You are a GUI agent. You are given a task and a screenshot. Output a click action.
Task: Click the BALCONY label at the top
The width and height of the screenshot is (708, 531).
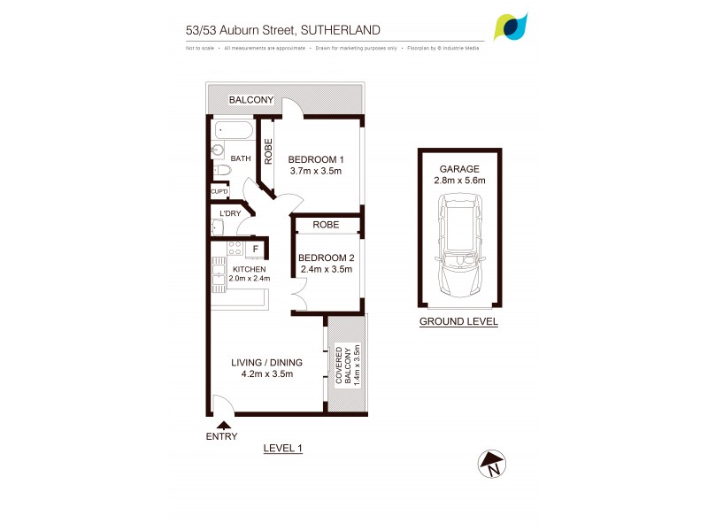point(251,100)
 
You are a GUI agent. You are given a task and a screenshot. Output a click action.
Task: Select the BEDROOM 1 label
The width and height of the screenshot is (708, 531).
point(316,159)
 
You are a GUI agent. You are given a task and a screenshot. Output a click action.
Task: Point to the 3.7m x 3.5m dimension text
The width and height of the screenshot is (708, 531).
point(316,172)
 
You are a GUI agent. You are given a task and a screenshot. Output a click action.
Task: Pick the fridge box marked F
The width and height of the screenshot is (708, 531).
point(255,250)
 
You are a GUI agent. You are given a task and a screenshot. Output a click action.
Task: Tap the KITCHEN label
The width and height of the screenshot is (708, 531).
point(249,268)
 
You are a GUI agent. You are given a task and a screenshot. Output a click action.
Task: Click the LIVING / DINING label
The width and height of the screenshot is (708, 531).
point(266,362)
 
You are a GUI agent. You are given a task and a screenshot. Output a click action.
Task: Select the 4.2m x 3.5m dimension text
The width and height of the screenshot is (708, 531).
point(266,374)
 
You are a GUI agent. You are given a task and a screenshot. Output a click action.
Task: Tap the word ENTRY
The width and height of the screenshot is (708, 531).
point(221,436)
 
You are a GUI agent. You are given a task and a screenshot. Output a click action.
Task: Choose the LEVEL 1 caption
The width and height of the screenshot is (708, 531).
point(283,449)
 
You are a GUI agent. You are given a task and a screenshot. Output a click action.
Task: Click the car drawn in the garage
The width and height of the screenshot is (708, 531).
point(459,249)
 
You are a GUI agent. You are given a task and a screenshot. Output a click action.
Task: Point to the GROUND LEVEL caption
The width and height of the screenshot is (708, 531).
point(458,321)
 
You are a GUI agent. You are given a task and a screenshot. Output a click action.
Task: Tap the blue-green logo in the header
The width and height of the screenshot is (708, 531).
point(512,27)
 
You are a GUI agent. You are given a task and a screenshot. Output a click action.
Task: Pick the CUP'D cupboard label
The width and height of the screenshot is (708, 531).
point(219,191)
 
